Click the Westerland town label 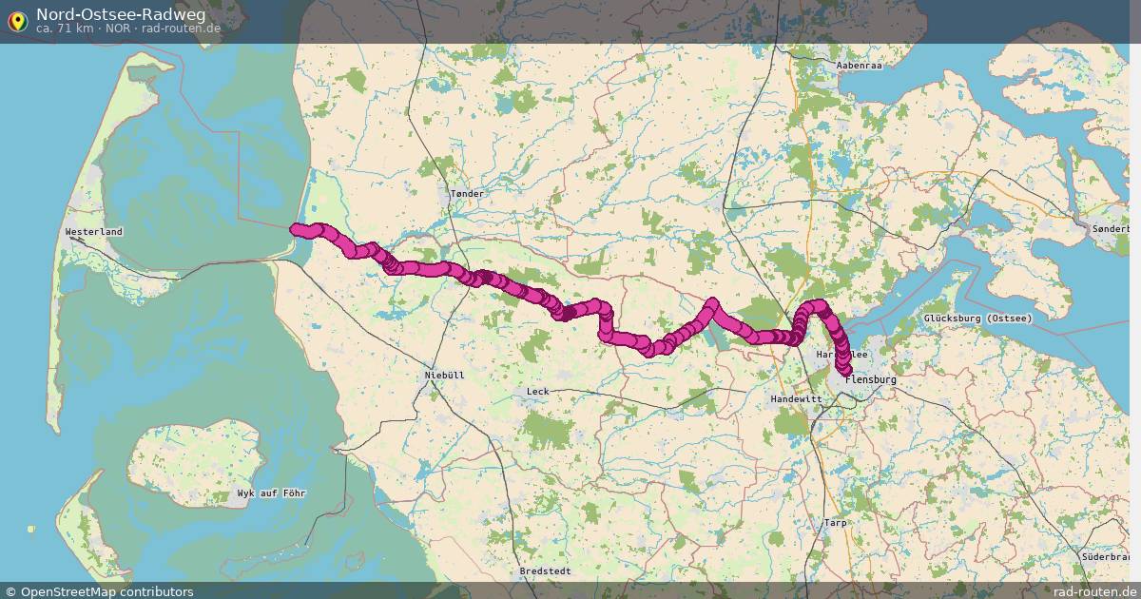pyautogui.click(x=94, y=232)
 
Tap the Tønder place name pyautogui.click(x=467, y=194)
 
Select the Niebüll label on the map pyautogui.click(x=444, y=376)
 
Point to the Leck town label pyautogui.click(x=537, y=392)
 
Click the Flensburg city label pyautogui.click(x=871, y=380)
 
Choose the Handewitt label pyautogui.click(x=795, y=398)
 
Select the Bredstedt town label pyautogui.click(x=545, y=571)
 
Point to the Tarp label pyautogui.click(x=835, y=523)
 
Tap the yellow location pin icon pyautogui.click(x=17, y=20)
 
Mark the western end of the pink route pyautogui.click(x=296, y=228)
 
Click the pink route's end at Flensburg pyautogui.click(x=843, y=369)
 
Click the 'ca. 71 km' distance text pyautogui.click(x=65, y=29)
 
